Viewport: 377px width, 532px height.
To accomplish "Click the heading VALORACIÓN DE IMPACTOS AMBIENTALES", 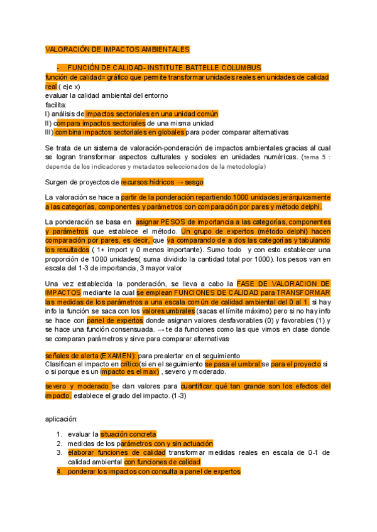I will point(117,50).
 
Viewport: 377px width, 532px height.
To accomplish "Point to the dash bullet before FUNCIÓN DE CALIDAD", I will point(58,68).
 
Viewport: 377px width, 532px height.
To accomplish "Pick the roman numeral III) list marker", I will point(49,132).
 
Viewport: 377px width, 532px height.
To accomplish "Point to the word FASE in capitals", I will point(248,284).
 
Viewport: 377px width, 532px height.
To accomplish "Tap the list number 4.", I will point(58,471).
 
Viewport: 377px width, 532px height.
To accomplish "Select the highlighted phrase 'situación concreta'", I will point(128,434).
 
